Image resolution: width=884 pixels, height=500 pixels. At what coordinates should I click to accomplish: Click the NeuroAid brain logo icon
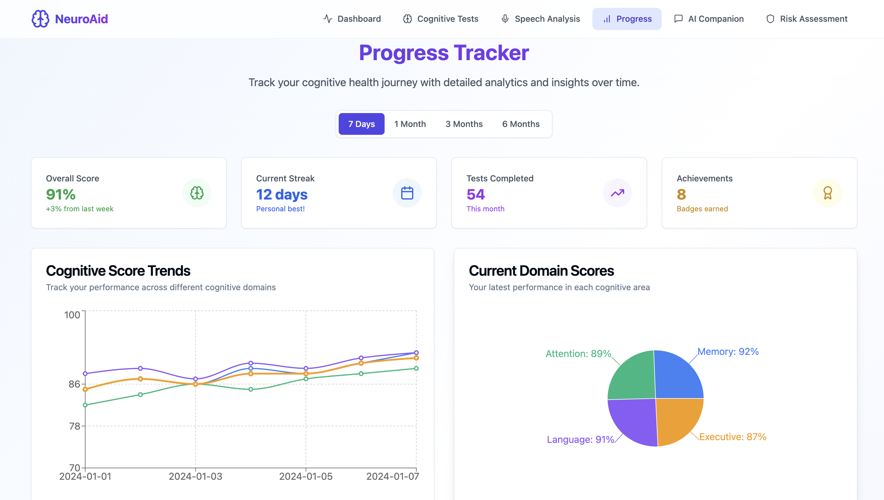[x=40, y=18]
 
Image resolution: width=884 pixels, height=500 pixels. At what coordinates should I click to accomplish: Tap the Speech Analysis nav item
[x=540, y=19]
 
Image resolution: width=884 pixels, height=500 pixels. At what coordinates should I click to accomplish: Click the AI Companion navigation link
[x=709, y=19]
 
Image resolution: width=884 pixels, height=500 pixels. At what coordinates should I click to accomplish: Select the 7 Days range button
[x=361, y=124]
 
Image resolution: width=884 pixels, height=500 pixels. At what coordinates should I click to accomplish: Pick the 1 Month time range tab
[x=410, y=124]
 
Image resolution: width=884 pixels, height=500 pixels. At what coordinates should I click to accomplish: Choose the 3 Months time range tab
[x=464, y=124]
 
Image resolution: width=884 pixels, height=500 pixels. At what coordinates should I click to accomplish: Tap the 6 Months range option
[x=521, y=124]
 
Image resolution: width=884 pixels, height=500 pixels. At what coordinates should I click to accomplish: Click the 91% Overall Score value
[x=61, y=194]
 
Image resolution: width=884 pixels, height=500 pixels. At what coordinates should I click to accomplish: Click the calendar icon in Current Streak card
[x=407, y=193]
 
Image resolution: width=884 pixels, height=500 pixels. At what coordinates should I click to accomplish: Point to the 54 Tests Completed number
[x=475, y=194]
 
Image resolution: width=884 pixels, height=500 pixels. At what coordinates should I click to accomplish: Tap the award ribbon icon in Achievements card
[x=828, y=193]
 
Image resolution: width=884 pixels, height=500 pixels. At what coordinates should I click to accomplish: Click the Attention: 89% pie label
[x=578, y=354]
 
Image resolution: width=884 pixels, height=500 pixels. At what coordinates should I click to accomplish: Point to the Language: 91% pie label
[x=580, y=440]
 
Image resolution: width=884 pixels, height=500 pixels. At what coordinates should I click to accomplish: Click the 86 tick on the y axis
[x=74, y=384]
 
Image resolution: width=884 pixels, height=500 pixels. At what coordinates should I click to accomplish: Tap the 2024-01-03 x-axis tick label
[x=195, y=477]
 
